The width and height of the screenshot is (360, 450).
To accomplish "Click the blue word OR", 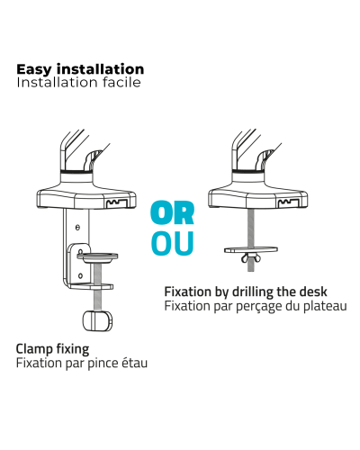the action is (173, 212).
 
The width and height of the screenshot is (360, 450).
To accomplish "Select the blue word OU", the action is (173, 243).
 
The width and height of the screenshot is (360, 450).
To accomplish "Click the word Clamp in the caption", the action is (34, 349).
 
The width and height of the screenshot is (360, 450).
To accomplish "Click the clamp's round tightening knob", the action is (97, 320).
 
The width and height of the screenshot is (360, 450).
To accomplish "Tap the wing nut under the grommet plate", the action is (251, 257).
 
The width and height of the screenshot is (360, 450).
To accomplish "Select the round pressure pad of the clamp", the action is (97, 257).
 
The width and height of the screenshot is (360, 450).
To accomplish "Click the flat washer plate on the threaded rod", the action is (251, 249).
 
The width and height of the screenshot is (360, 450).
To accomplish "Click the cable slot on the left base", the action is (116, 203).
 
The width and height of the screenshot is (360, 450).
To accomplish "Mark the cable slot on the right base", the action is (288, 202).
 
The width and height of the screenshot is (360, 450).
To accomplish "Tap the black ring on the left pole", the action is (76, 172).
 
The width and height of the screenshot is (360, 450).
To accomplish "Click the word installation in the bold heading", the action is (101, 69).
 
